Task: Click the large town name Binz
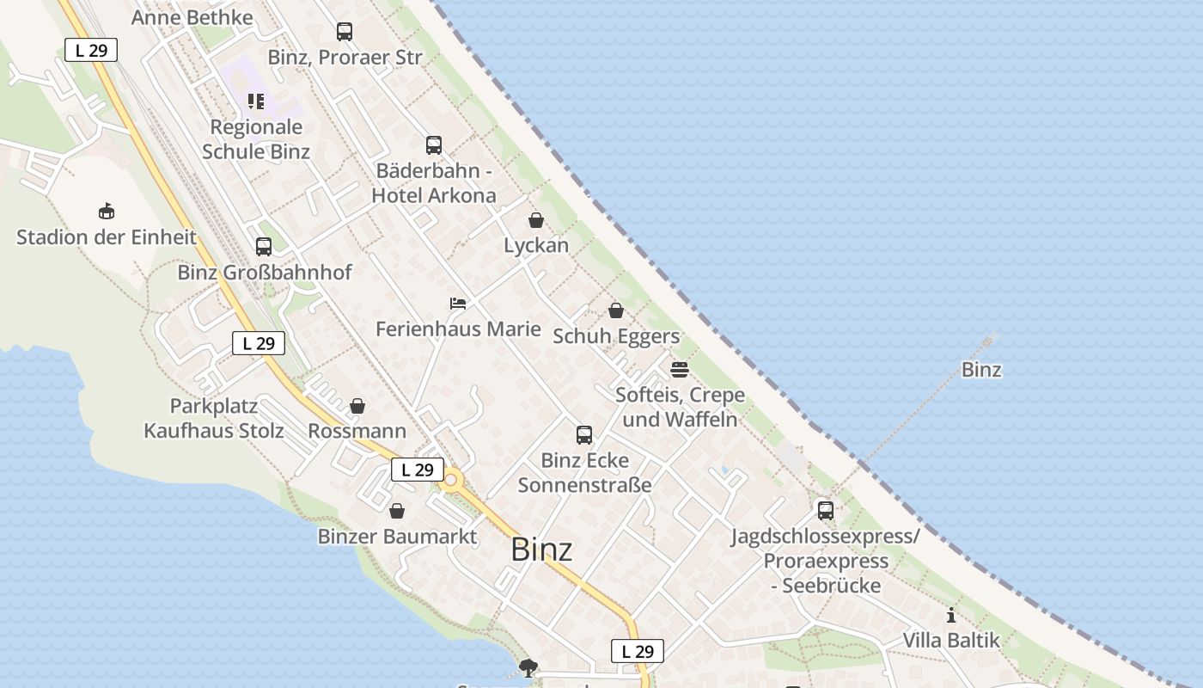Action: tap(541, 549)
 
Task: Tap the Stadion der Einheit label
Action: tap(107, 237)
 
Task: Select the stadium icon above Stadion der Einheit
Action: tap(107, 211)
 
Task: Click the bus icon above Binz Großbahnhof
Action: tap(264, 247)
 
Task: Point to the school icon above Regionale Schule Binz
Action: tap(255, 101)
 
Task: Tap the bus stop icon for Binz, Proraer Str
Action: tap(345, 32)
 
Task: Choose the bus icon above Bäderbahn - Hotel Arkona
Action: tap(434, 145)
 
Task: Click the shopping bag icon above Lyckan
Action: tap(536, 220)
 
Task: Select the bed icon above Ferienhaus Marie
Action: tap(458, 304)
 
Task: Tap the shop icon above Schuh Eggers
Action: tap(616, 310)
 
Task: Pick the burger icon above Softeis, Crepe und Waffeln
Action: tap(680, 370)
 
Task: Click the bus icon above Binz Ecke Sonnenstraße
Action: tap(584, 434)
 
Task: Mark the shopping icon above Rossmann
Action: tap(357, 406)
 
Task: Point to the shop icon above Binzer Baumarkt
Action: tap(397, 512)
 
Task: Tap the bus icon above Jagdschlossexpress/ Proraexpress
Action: tap(826, 510)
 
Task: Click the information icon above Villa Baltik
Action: tap(951, 615)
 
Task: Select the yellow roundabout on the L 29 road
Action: tap(450, 480)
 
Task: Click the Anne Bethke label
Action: tap(192, 17)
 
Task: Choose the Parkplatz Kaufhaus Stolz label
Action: tap(214, 418)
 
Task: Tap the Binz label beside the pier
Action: tap(981, 370)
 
